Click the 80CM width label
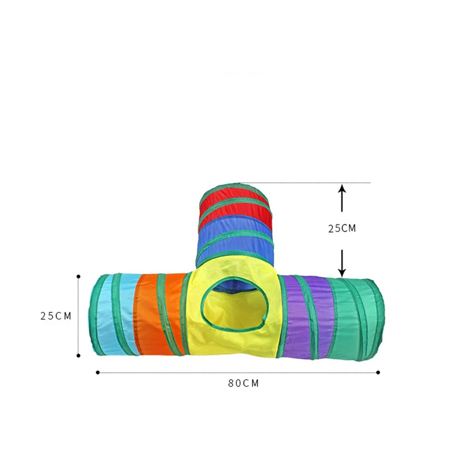[243, 383]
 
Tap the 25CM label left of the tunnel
[56, 316]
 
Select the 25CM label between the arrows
[342, 229]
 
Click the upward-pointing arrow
[342, 198]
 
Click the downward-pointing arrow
[342, 263]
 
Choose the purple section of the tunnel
[308, 317]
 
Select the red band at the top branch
[235, 206]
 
